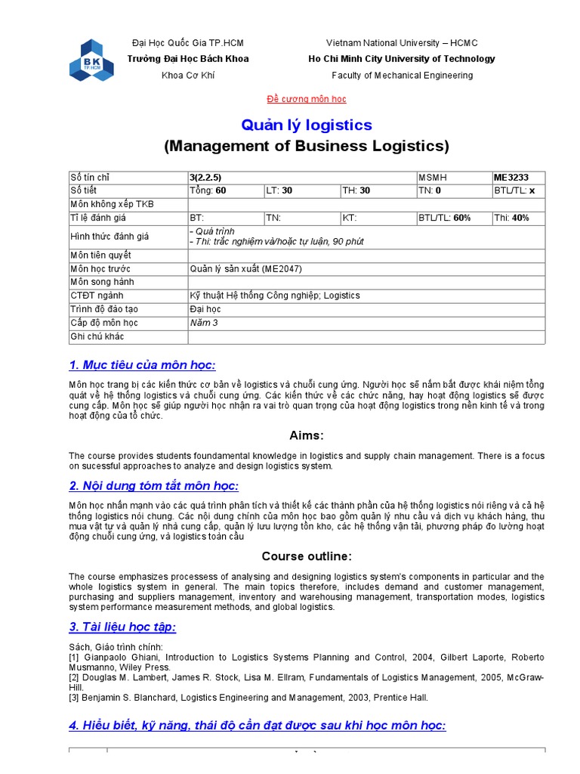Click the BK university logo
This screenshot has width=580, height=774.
click(x=91, y=60)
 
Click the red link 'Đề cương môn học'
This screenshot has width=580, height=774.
click(x=307, y=99)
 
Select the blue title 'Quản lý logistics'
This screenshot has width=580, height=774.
click(x=306, y=125)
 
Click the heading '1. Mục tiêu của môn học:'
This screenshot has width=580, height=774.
click(x=143, y=366)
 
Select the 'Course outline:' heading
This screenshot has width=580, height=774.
click(x=306, y=556)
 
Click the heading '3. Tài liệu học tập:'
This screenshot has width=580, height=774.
click(x=122, y=627)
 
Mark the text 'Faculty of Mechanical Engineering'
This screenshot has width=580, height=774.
click(x=402, y=76)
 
